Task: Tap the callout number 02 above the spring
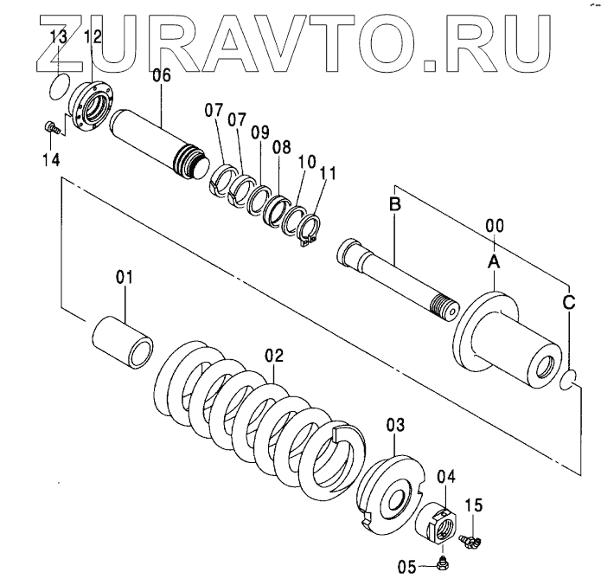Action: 274,355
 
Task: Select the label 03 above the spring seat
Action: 395,425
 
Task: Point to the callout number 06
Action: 162,75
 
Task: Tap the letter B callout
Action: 394,206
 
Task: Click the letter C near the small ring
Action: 568,302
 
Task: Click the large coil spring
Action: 259,411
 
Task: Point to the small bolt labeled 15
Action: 469,541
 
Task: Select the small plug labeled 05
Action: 441,563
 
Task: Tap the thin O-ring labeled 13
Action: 58,85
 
